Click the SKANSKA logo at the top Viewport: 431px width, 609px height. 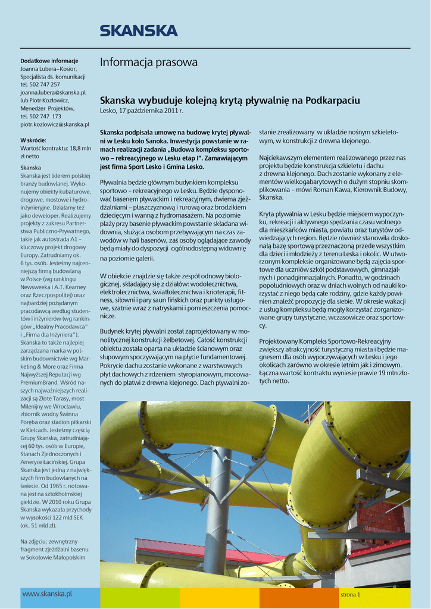click(138, 30)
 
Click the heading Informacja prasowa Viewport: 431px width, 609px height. click(148, 62)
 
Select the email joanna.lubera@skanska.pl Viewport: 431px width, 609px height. click(53, 93)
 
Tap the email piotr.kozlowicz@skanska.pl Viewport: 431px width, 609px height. click(55, 124)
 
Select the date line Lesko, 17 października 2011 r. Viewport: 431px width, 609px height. click(142, 111)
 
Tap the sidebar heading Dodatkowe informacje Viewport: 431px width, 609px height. click(49, 61)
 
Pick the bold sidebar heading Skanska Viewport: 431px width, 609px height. click(31, 168)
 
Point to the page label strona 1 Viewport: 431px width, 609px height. click(350, 594)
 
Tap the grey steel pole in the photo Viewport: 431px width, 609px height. click(217, 506)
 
